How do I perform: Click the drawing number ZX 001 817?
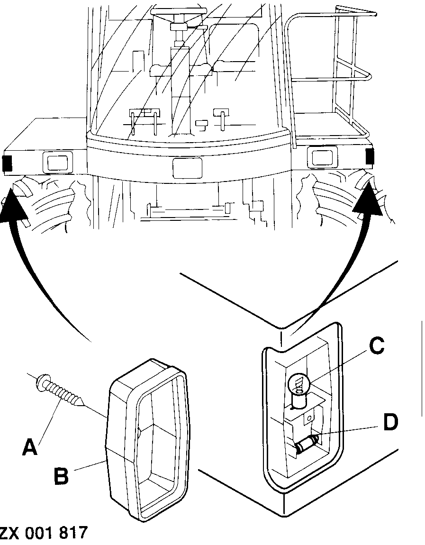[44, 532]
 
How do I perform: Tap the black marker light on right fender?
[370, 156]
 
